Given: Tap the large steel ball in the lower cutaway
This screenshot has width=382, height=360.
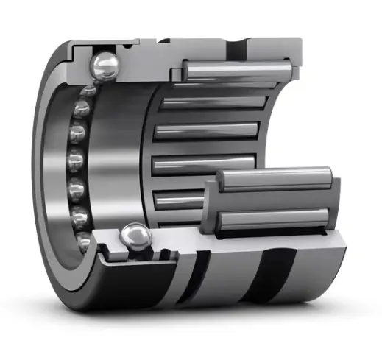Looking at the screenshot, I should click(x=134, y=236).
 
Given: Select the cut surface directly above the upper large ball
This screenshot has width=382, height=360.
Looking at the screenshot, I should click(x=110, y=46).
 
